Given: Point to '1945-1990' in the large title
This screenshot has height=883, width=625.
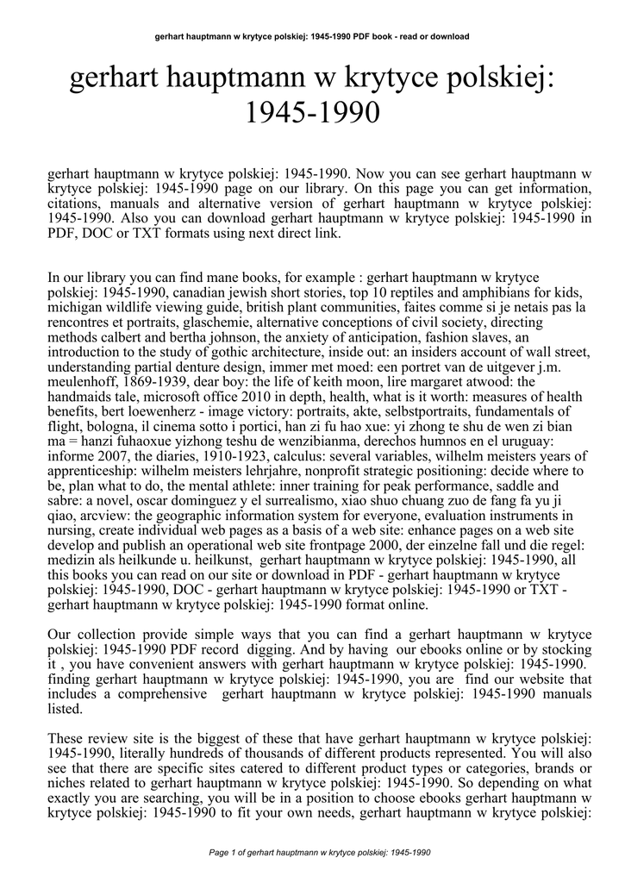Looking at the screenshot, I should (x=313, y=112).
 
